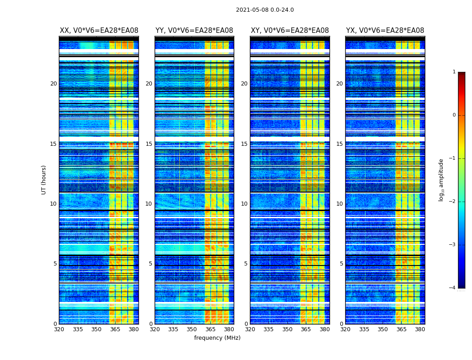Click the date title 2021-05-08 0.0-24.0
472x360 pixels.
tap(265, 10)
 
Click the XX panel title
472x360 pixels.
tap(99, 31)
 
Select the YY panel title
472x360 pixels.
tap(194, 31)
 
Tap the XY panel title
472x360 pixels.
tap(289, 31)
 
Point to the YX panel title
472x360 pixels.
tap(385, 31)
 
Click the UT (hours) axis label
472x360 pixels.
tap(44, 180)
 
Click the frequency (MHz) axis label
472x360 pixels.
tap(217, 338)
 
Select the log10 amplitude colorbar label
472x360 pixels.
tap(441, 180)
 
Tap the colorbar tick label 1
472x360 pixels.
tap(454, 72)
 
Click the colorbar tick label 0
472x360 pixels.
tap(454, 115)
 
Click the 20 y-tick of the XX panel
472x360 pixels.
tap(53, 84)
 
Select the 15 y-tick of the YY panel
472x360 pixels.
tap(149, 144)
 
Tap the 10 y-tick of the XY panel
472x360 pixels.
tap(244, 204)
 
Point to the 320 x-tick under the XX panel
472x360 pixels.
tap(59, 329)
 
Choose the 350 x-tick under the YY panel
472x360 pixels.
tap(192, 329)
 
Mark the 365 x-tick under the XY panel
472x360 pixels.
tap(306, 329)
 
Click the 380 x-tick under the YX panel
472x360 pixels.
tap(420, 329)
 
